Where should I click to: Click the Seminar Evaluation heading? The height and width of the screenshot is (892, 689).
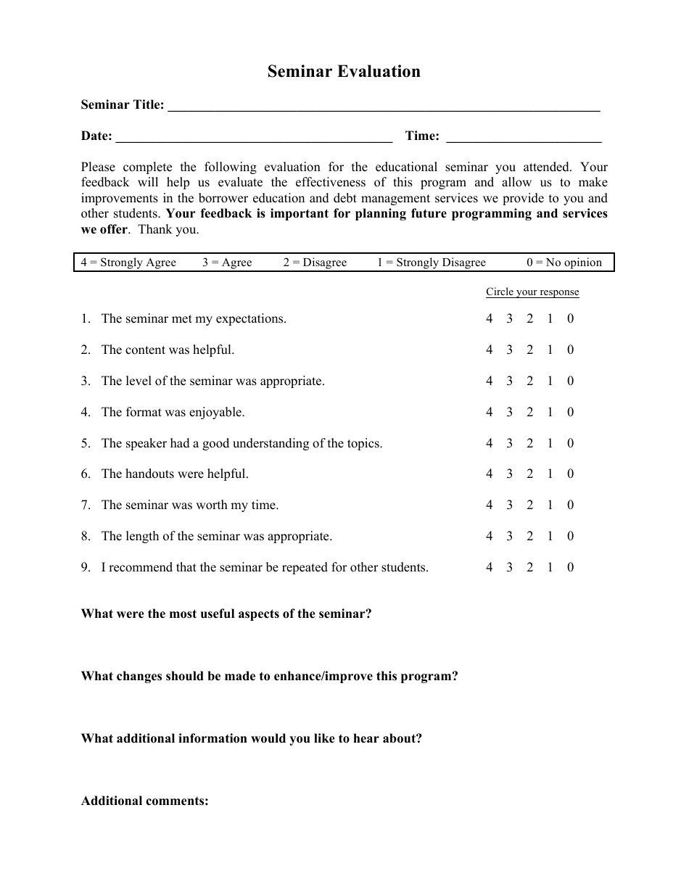click(x=344, y=71)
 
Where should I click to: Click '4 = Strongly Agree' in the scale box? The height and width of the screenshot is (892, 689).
click(x=128, y=263)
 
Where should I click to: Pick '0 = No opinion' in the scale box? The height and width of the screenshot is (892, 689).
click(x=564, y=263)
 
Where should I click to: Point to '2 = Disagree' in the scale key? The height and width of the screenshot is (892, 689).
click(x=315, y=263)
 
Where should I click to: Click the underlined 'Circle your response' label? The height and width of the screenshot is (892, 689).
click(x=532, y=292)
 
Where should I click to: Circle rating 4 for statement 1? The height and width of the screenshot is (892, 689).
click(x=489, y=318)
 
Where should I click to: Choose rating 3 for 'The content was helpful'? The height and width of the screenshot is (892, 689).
click(x=509, y=350)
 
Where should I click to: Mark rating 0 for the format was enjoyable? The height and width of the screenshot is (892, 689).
click(x=570, y=412)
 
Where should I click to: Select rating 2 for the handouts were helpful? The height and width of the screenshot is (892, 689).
click(x=529, y=474)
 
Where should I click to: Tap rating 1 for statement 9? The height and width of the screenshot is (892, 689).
click(x=550, y=567)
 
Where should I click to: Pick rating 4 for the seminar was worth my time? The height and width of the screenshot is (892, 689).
click(x=489, y=505)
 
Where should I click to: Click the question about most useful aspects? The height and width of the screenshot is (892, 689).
click(x=226, y=614)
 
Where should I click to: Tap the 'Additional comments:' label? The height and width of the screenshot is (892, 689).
click(x=145, y=801)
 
